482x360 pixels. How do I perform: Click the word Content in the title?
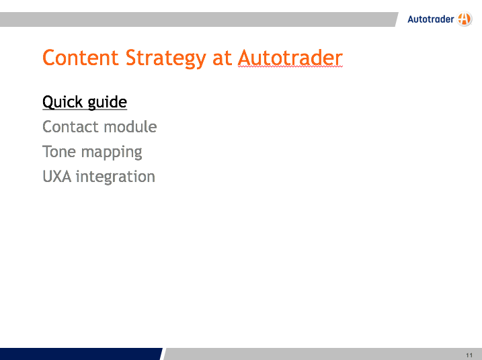(x=81, y=58)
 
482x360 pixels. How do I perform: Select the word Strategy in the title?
(x=165, y=59)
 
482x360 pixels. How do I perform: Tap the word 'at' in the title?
(x=222, y=58)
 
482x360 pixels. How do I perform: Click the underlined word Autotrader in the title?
(x=290, y=58)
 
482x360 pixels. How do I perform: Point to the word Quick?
(x=63, y=102)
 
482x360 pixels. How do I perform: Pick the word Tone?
(x=59, y=151)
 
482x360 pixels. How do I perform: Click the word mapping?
(x=112, y=152)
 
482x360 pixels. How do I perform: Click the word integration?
(x=116, y=177)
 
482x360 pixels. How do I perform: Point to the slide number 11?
(x=469, y=355)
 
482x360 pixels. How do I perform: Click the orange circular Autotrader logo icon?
(x=464, y=19)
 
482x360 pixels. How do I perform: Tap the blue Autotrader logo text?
(x=431, y=19)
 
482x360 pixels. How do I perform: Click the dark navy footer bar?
(x=81, y=354)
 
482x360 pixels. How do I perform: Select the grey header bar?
(x=198, y=19)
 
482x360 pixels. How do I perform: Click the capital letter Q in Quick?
(x=48, y=102)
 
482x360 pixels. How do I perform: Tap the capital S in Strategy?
(x=131, y=58)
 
